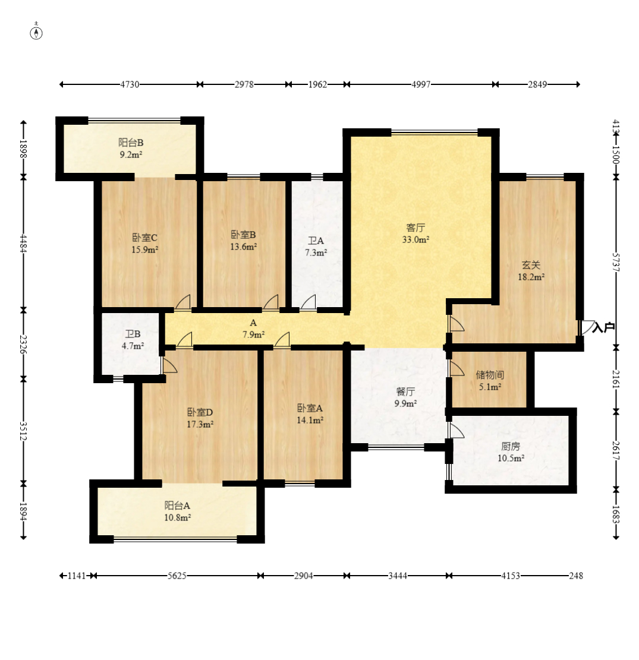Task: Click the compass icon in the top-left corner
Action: tap(37, 33)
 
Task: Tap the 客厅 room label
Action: tap(415, 228)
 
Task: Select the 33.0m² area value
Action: tap(415, 239)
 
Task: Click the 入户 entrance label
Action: tap(603, 327)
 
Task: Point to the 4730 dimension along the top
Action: tap(130, 84)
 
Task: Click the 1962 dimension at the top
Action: tap(317, 84)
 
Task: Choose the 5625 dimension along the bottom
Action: tap(177, 576)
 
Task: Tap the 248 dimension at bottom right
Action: tap(576, 576)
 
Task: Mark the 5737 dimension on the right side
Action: tap(616, 262)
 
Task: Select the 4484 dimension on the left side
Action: tap(23, 244)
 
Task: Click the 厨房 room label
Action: tap(511, 446)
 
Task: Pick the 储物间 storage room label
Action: tap(490, 375)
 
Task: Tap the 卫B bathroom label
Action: tap(133, 334)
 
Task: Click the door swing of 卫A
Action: tap(309, 302)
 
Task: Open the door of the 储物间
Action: tap(457, 368)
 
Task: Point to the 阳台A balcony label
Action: tap(177, 506)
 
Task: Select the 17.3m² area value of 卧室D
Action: tap(200, 424)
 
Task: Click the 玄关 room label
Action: tap(531, 265)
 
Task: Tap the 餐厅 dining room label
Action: tap(405, 391)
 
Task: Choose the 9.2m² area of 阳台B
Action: tap(131, 154)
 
